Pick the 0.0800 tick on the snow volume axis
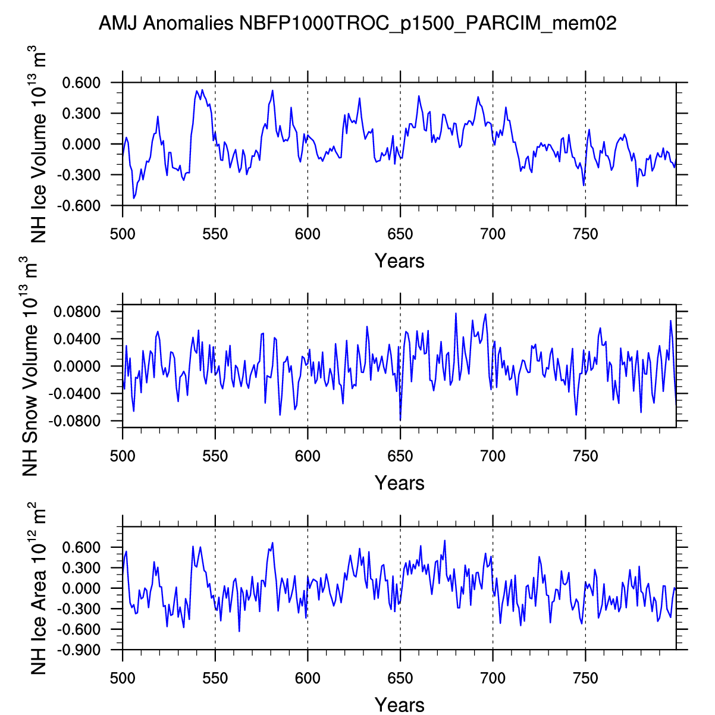pyautogui.click(x=77, y=312)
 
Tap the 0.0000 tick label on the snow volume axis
pyautogui.click(x=77, y=366)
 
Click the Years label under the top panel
pyautogui.click(x=399, y=261)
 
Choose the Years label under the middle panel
pyautogui.click(x=399, y=482)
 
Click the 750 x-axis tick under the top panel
pyautogui.click(x=585, y=234)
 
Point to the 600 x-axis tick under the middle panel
pyautogui.click(x=308, y=456)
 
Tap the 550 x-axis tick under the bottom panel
pyautogui.click(x=215, y=678)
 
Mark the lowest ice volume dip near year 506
pyautogui.click(x=134, y=198)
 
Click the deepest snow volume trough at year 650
pyautogui.click(x=400, y=421)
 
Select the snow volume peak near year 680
pyautogui.click(x=456, y=313)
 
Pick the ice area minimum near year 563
pyautogui.click(x=239, y=631)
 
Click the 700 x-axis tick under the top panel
pyautogui.click(x=493, y=234)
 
